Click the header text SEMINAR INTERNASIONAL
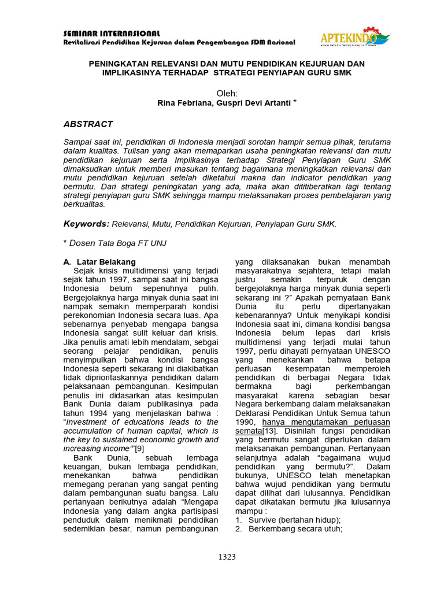[x=112, y=34]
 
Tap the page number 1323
[x=227, y=557]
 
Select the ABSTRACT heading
[x=88, y=124]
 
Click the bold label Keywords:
[x=86, y=223]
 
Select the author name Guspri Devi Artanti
[x=254, y=102]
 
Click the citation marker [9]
[x=139, y=448]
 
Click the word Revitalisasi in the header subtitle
[x=82, y=43]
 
